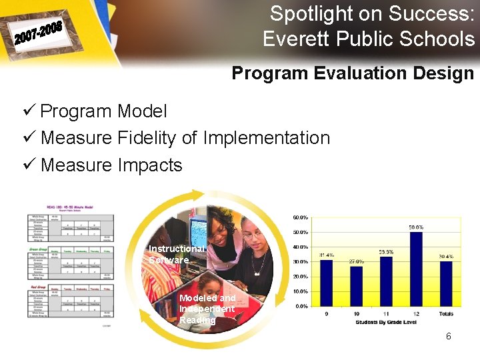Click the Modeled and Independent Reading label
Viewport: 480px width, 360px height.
(207, 309)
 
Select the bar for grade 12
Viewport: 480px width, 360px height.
(416, 269)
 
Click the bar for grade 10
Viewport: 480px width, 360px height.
(356, 286)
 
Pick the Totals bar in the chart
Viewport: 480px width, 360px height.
(446, 283)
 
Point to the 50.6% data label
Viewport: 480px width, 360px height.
(416, 227)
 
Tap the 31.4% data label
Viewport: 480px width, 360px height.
(327, 255)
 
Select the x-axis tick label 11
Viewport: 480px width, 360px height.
(386, 313)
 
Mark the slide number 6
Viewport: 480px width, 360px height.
(449, 337)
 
